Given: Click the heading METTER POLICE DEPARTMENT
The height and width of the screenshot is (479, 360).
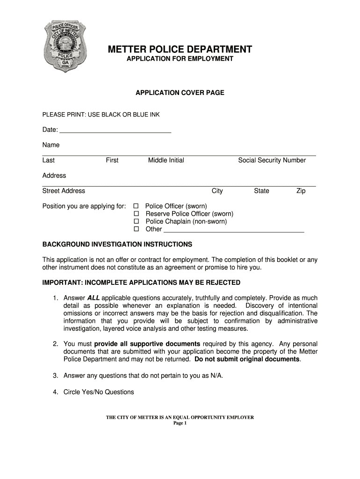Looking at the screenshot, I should (180, 50).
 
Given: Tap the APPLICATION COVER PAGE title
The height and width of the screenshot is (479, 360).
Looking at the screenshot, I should (180, 93).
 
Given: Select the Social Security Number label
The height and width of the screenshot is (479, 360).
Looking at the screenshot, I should (272, 160).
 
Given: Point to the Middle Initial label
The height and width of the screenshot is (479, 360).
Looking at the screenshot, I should (166, 160).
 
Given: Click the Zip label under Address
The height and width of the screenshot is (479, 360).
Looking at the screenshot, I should (301, 191).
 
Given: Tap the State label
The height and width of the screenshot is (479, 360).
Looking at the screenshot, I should (261, 191).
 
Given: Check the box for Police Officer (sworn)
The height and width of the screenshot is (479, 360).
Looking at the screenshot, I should (137, 206).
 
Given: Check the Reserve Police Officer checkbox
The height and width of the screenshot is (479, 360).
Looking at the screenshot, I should (137, 214).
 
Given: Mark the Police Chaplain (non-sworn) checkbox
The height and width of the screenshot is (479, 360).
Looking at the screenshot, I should (137, 221).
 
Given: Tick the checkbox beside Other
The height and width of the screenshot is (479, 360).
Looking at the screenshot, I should (137, 229).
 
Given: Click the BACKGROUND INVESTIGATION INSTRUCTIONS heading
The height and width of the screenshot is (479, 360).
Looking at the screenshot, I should (117, 244).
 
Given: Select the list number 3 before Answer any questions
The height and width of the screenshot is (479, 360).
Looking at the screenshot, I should (55, 375).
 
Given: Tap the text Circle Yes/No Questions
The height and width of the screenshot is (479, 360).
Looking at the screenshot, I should (99, 392).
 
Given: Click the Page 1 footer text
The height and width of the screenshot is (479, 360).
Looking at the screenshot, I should (180, 423).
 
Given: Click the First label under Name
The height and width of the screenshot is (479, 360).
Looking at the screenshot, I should (112, 160).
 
